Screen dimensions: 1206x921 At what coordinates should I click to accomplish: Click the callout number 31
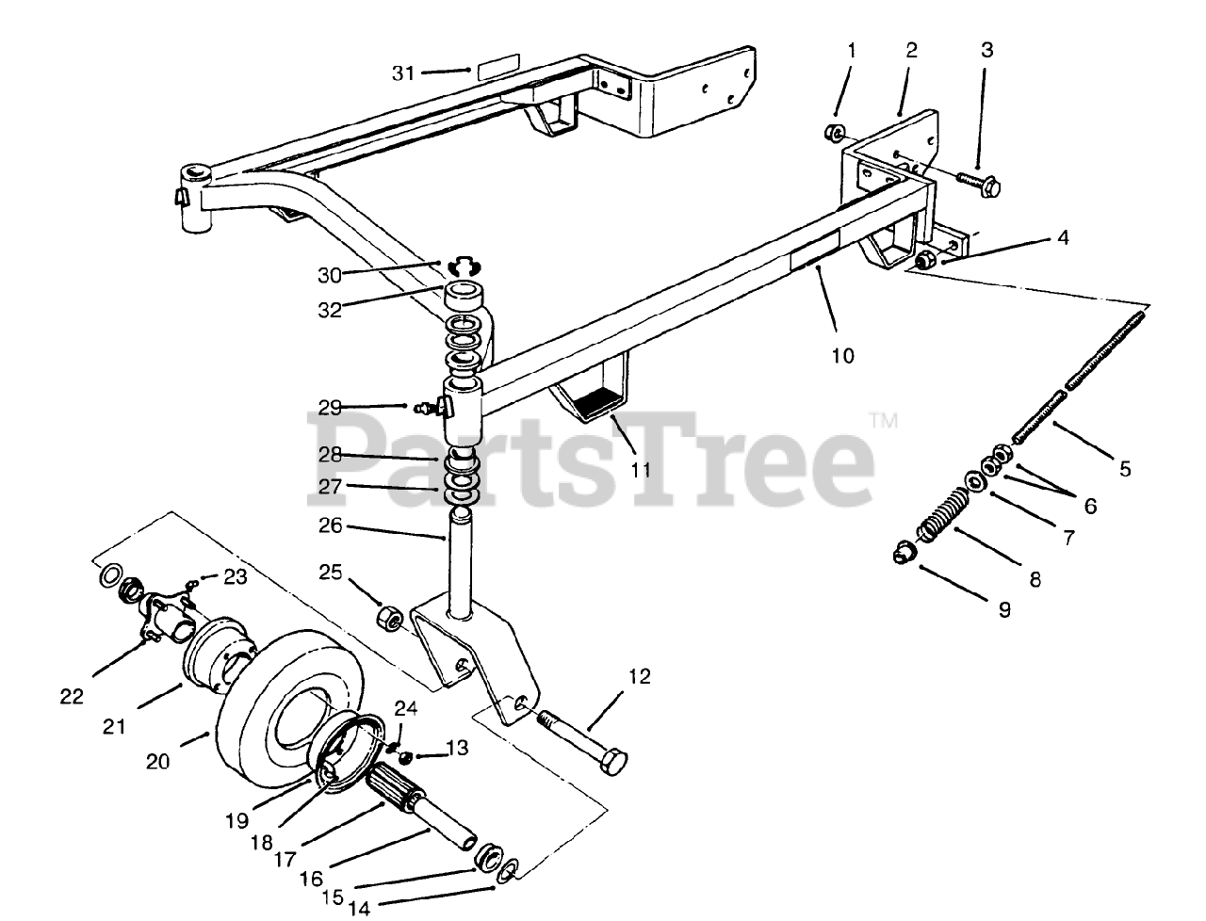pos(402,72)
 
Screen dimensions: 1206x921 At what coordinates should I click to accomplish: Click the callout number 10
pos(842,355)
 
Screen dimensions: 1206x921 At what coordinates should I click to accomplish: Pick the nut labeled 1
pos(834,132)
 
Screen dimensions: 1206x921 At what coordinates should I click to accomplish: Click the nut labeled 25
pos(388,618)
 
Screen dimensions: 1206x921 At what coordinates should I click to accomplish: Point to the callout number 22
pos(72,697)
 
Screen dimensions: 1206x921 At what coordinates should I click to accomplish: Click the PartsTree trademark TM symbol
pos(883,420)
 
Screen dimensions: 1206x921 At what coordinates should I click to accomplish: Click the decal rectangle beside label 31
pos(497,69)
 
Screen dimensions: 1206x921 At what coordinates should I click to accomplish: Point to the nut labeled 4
pos(925,260)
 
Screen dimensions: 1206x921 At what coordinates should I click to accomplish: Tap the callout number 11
pos(641,469)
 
